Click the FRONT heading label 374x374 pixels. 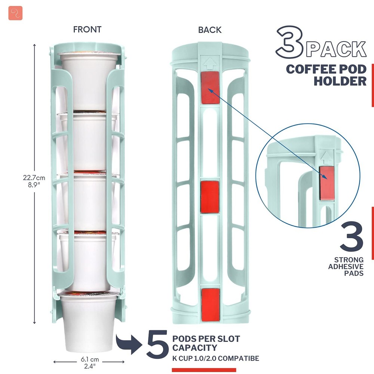[87, 29]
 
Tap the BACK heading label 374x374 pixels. [210, 30]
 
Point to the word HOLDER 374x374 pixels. [340, 81]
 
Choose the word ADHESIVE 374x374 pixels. [346, 266]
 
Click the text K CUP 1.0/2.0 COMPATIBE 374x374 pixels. [215, 359]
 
